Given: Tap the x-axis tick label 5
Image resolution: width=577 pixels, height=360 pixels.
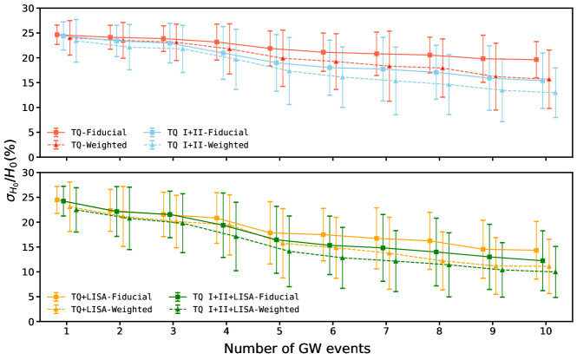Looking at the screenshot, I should pos(278,332).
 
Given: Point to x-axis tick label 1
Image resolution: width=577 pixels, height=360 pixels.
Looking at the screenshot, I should pos(66,332).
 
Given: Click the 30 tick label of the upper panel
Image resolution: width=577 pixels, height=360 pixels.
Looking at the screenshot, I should pos(30,9).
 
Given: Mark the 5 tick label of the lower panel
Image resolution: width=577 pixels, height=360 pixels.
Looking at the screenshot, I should pos(33,297).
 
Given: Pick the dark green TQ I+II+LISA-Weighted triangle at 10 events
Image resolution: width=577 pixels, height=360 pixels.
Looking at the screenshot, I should pos(555,272).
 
